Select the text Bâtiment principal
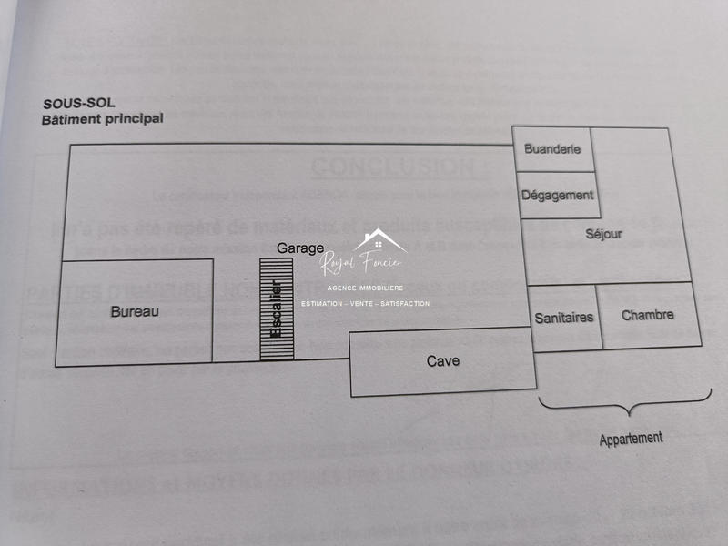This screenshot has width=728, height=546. point(102,119)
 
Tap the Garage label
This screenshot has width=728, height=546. point(300,248)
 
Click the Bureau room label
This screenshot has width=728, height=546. point(135,311)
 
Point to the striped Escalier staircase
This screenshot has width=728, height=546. point(277,309)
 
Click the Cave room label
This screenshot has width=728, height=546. point(443,361)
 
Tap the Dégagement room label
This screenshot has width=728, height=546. point(558,195)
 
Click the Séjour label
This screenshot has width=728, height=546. point(604,234)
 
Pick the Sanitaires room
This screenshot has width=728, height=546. point(564,318)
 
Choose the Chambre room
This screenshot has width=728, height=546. point(648,315)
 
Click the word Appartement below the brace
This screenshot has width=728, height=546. point(631,439)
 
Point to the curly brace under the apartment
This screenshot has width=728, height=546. point(624,406)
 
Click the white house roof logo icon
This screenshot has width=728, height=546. point(380,242)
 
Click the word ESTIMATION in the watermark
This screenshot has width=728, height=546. point(322,304)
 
